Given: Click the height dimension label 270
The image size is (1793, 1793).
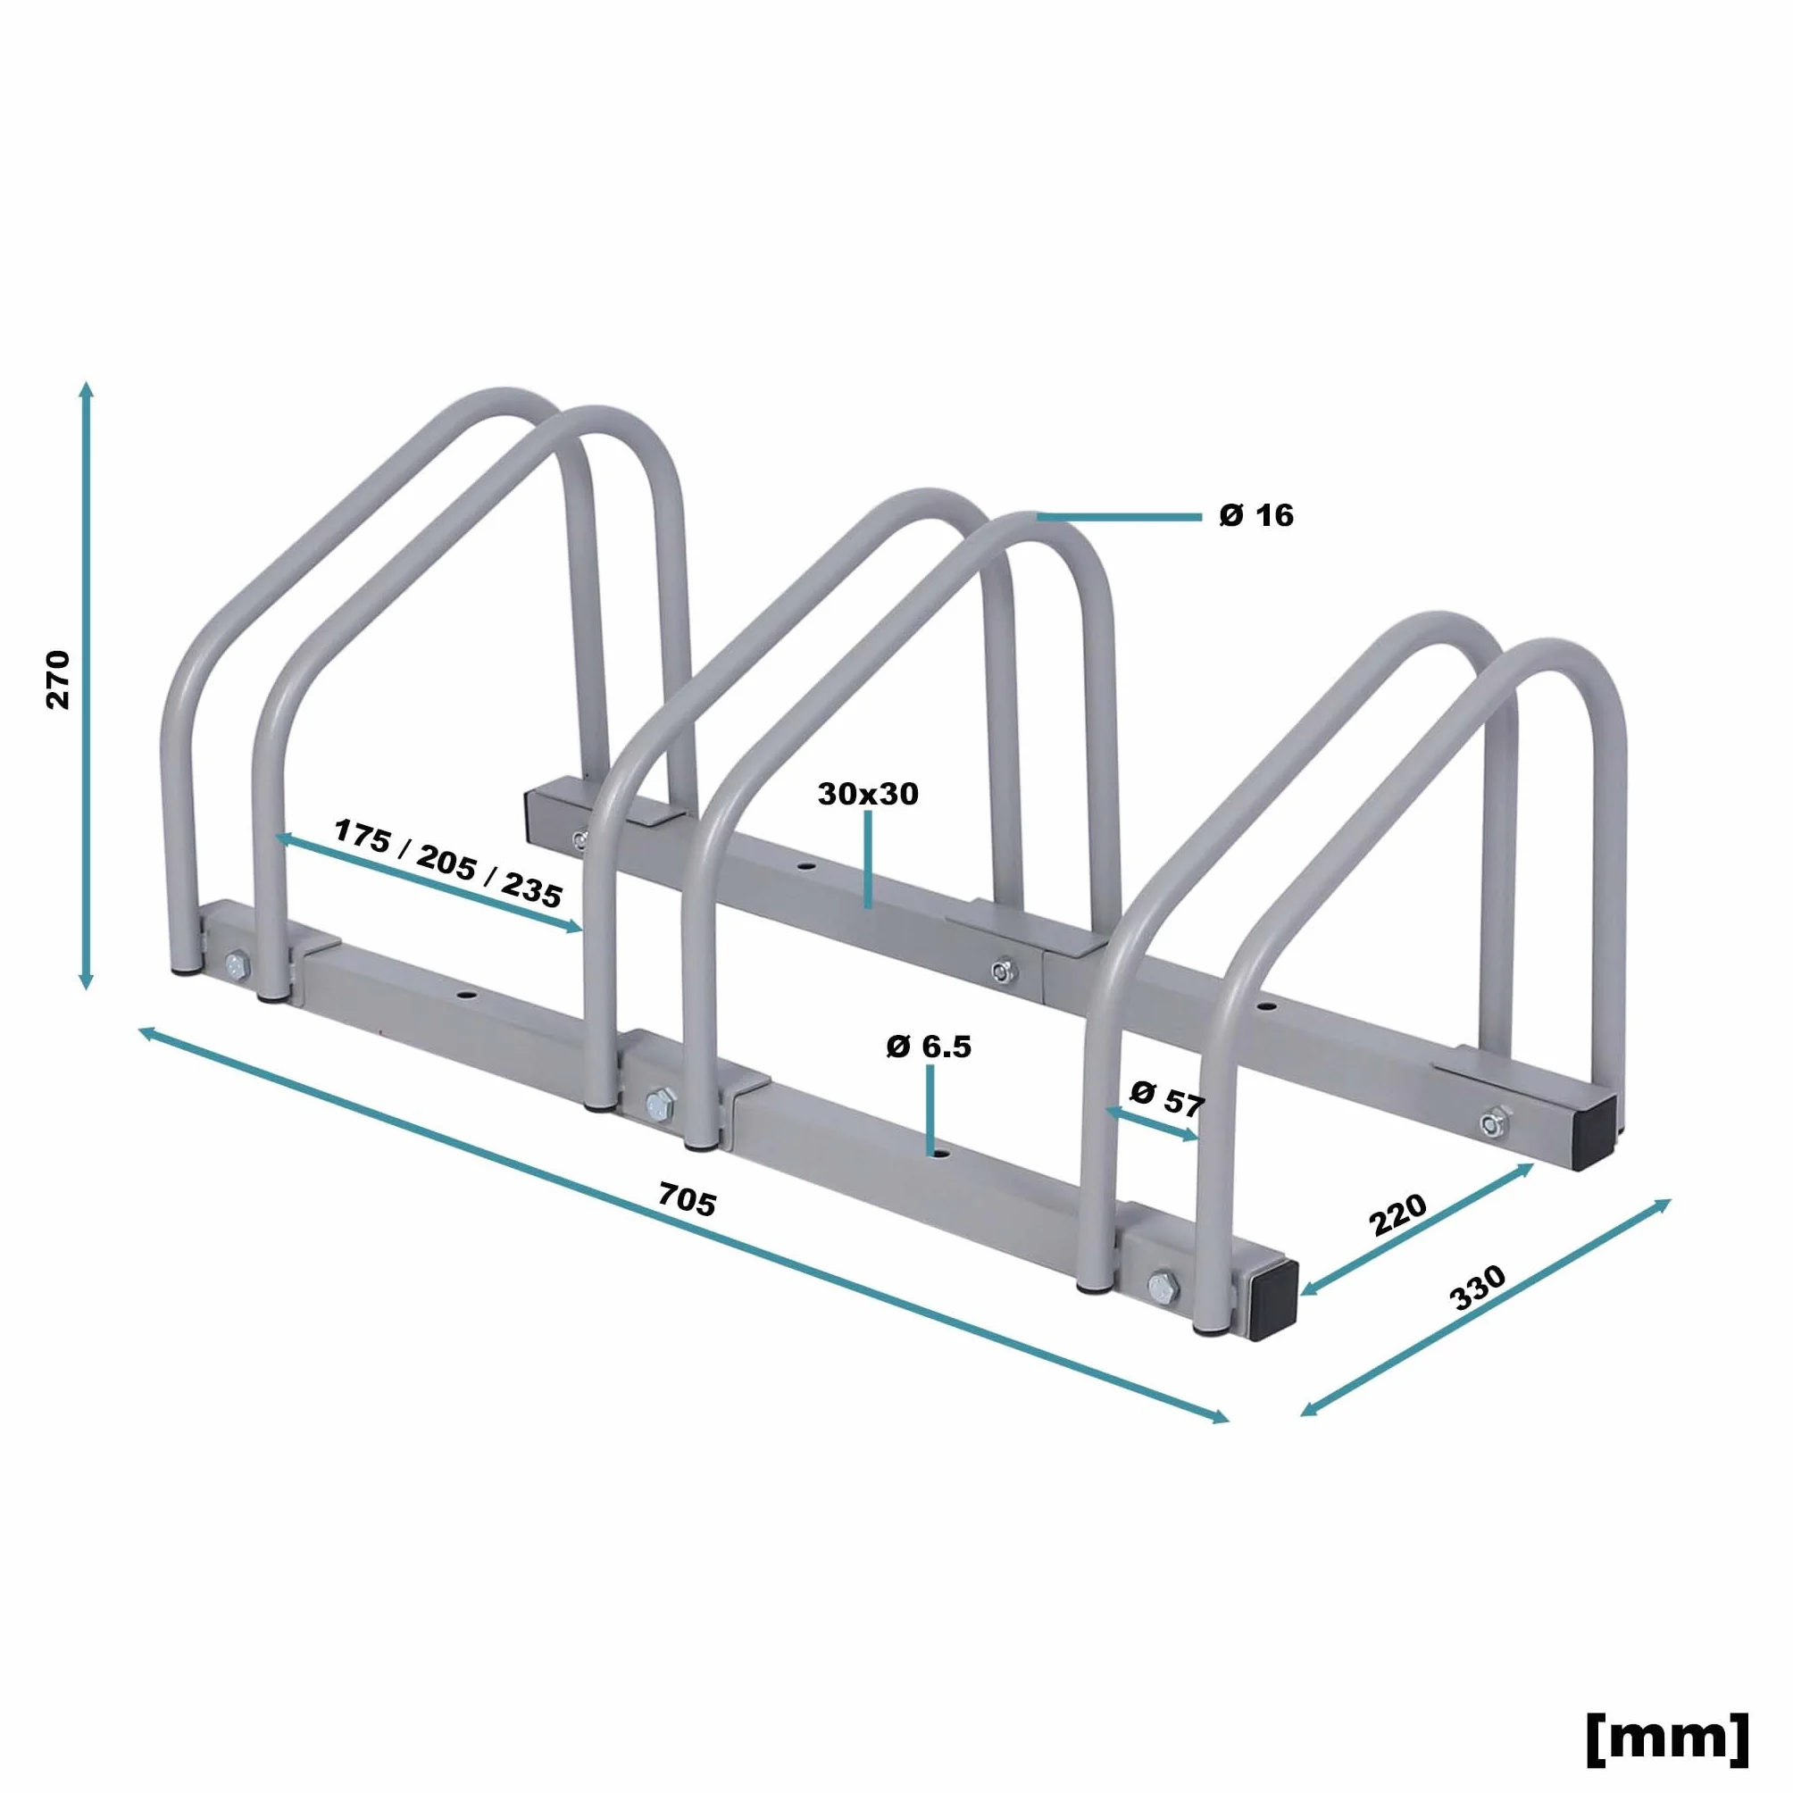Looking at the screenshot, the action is (x=57, y=680).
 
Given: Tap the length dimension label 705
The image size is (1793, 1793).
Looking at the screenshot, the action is (x=687, y=1199).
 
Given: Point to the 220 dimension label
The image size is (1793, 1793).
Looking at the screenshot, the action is (x=1397, y=1213).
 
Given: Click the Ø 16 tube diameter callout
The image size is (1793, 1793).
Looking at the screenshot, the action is (x=1255, y=515).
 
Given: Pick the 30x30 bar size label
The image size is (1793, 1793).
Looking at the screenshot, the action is (x=868, y=794).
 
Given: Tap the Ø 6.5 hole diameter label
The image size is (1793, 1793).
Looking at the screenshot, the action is (x=928, y=1047).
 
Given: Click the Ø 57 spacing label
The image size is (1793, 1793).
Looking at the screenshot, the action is (x=1166, y=1098).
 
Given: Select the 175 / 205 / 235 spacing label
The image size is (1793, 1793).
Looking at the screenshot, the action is (x=448, y=863).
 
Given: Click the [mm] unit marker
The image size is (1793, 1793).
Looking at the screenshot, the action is (x=1668, y=1739).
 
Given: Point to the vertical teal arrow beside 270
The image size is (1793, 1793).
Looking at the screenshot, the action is (x=87, y=685).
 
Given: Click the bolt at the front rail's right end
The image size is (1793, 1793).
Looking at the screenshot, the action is (x=1160, y=1287).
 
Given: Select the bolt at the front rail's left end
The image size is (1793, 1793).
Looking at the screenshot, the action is (x=236, y=965).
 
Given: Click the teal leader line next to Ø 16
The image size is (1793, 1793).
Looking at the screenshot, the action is (x=1119, y=517).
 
